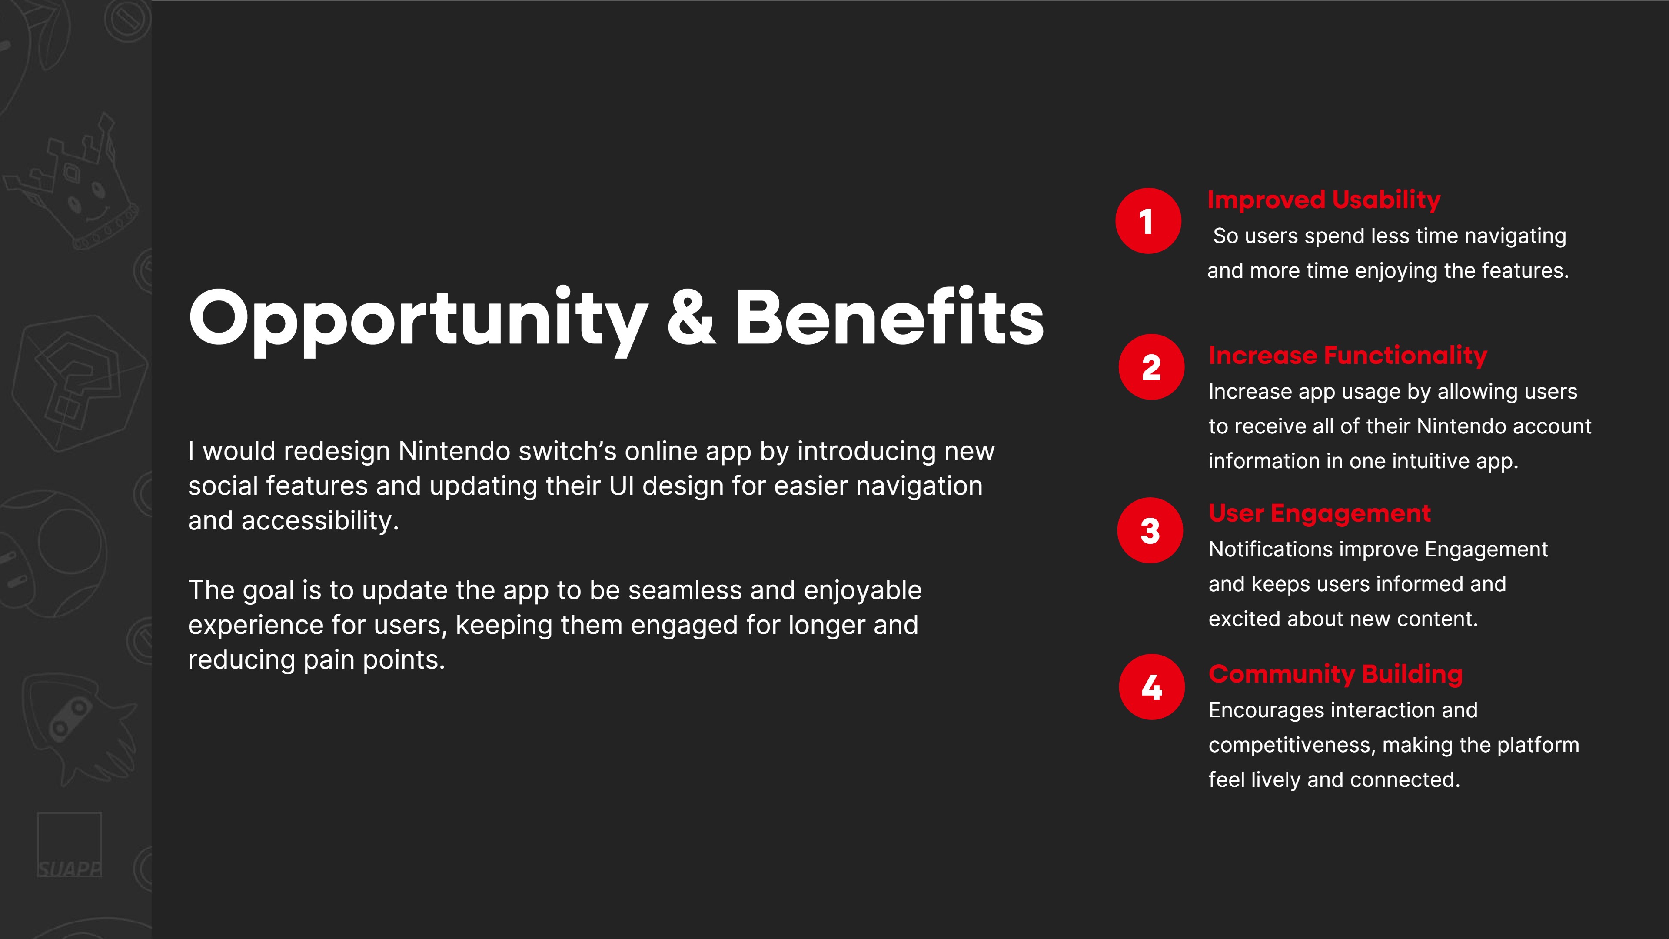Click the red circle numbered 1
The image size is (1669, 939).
tap(1148, 221)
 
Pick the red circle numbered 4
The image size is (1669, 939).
tap(1151, 687)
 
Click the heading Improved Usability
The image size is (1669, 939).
tap(1323, 200)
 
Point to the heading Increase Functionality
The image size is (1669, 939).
tap(1348, 355)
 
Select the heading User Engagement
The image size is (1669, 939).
tap(1319, 513)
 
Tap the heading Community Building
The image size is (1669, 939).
tap(1335, 674)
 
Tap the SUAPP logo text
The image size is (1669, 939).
tap(70, 869)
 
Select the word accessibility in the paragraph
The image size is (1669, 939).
tap(320, 520)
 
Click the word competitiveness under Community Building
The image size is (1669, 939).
tap(1289, 745)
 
